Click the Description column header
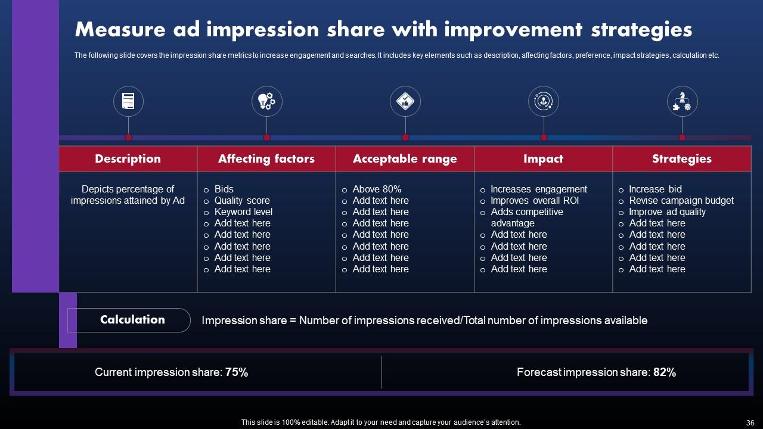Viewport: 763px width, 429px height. click(128, 158)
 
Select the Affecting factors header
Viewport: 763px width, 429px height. click(266, 158)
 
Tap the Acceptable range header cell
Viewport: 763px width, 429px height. click(405, 158)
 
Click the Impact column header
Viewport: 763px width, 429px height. click(543, 158)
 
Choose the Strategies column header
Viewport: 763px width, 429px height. click(681, 158)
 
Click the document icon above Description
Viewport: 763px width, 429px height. click(128, 101)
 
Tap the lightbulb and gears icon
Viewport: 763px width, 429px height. click(266, 101)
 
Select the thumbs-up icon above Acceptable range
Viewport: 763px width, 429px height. click(405, 101)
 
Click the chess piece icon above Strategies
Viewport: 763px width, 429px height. click(682, 101)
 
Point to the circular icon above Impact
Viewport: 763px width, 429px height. click(544, 101)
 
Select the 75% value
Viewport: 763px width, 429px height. click(237, 372)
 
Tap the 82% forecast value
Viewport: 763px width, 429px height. click(665, 372)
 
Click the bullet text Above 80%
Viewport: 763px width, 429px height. click(377, 189)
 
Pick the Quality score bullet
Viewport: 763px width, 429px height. click(242, 200)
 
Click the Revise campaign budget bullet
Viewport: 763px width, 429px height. click(681, 200)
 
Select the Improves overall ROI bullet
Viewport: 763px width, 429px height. click(535, 200)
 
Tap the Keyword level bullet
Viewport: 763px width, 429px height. click(243, 212)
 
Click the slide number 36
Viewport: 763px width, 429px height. click(750, 422)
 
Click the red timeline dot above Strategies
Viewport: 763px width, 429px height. click(682, 138)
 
